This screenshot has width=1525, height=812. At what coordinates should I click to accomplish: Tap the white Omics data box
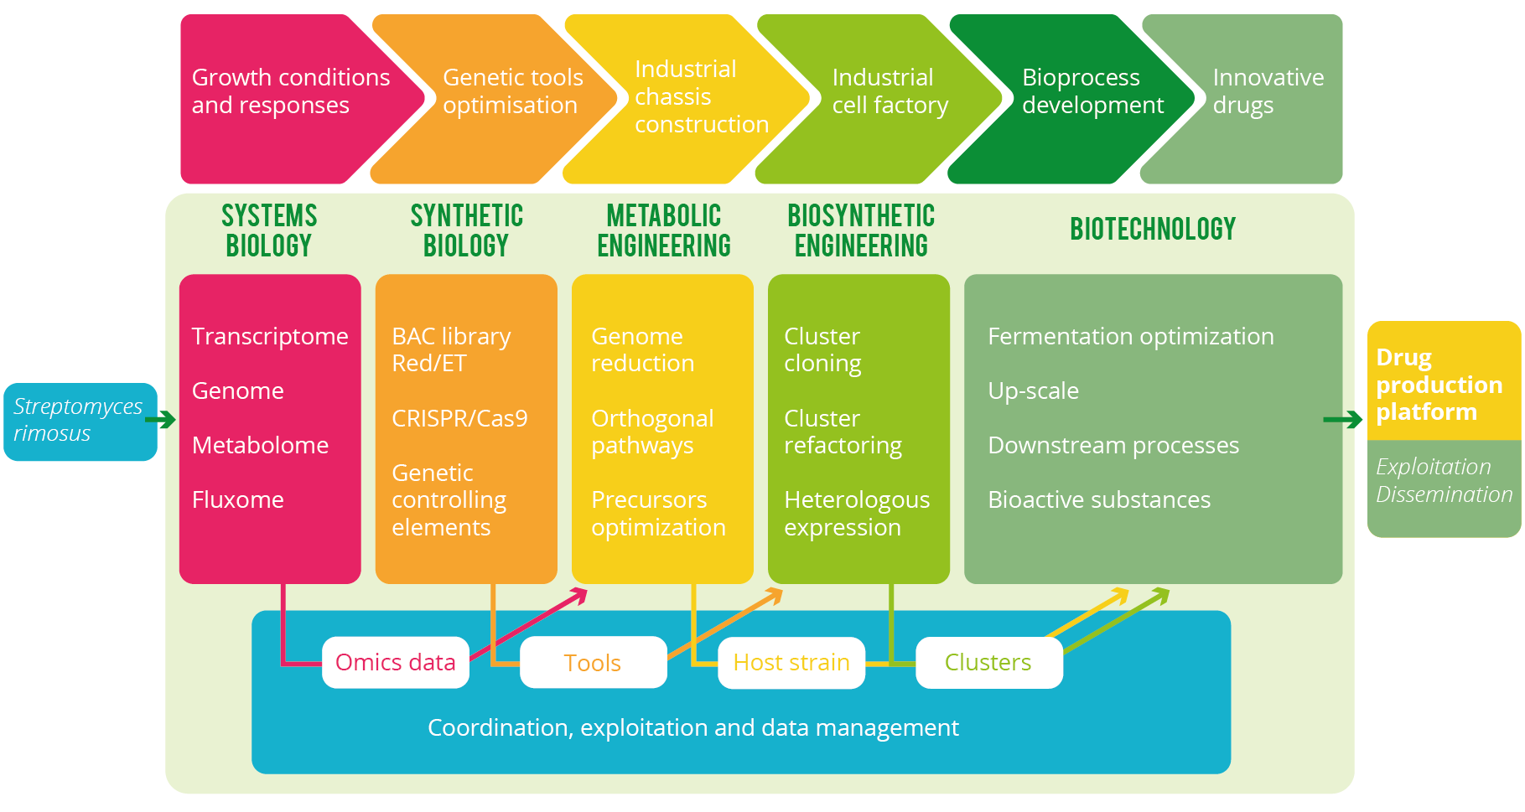click(395, 663)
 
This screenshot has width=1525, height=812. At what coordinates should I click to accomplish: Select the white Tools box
click(593, 663)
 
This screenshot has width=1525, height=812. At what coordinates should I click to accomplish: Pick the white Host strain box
click(791, 663)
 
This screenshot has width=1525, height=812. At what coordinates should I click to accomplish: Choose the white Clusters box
click(988, 663)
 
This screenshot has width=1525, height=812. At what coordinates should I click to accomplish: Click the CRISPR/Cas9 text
click(459, 418)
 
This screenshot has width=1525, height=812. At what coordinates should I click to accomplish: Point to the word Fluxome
click(238, 500)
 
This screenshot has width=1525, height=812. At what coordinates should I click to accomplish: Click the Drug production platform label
click(1439, 385)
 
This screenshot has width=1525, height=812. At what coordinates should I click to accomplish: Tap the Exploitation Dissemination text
click(1443, 481)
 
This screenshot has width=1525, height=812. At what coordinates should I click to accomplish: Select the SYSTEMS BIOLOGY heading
click(269, 230)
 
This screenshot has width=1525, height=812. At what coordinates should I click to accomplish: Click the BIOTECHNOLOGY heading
click(1153, 230)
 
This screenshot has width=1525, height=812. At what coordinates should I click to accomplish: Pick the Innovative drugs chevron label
click(1268, 91)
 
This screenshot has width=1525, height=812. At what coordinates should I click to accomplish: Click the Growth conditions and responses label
click(290, 91)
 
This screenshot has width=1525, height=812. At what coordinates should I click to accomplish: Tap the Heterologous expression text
click(856, 514)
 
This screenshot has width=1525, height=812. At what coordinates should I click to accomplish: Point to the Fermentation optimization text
click(1130, 337)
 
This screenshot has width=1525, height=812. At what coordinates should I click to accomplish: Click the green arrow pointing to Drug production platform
click(1342, 420)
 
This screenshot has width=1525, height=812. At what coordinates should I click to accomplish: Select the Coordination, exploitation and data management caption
click(692, 727)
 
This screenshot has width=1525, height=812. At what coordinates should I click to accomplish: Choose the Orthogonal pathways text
click(652, 432)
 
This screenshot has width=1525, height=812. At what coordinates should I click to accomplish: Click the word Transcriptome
click(270, 337)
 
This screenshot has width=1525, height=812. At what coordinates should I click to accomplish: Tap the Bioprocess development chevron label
click(1092, 91)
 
